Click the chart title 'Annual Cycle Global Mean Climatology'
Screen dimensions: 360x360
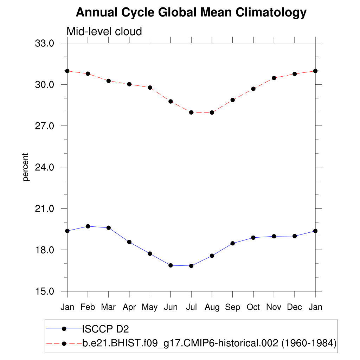pyautogui.click(x=191, y=13)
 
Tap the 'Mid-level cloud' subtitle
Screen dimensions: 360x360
pyautogui.click(x=104, y=32)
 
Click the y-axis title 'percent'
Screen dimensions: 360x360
pyautogui.click(x=25, y=167)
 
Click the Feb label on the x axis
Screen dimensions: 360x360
pyautogui.click(x=88, y=307)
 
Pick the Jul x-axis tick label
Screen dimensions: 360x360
pyautogui.click(x=191, y=307)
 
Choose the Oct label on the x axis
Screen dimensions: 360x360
pyautogui.click(x=253, y=307)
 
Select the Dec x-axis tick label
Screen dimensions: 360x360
pyautogui.click(x=295, y=307)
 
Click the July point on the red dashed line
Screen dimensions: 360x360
pyautogui.click(x=191, y=112)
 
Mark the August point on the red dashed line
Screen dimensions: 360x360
pyautogui.click(x=212, y=112)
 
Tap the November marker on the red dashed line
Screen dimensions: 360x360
pyautogui.click(x=274, y=78)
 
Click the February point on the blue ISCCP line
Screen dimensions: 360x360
pyautogui.click(x=88, y=226)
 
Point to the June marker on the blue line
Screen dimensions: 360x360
pyautogui.click(x=171, y=265)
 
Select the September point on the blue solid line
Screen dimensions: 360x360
pyautogui.click(x=232, y=243)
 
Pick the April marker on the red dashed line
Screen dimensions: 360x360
pyautogui.click(x=129, y=84)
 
